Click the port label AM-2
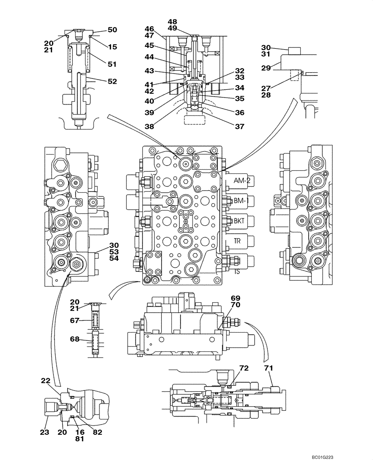(x=242, y=181)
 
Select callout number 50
(x=112, y=30)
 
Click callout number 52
(x=112, y=81)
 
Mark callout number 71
(x=268, y=369)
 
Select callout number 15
(x=112, y=47)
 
